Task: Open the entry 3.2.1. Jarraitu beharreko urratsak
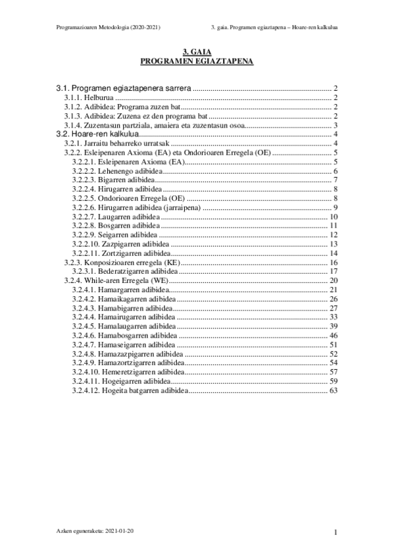[116, 143]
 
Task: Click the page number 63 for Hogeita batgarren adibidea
[333, 391]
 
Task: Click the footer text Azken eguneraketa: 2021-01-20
[98, 530]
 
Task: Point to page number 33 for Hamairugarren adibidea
[333, 317]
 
